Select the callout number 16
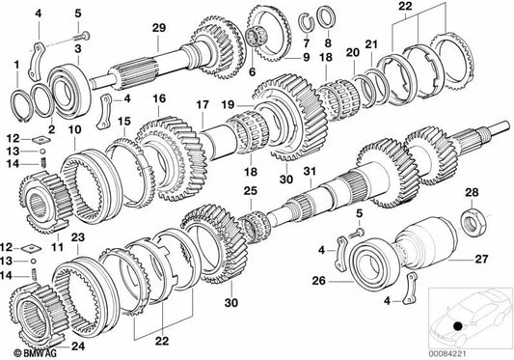[159, 98]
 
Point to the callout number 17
[203, 104]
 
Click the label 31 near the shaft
[310, 173]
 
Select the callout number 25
[249, 193]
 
